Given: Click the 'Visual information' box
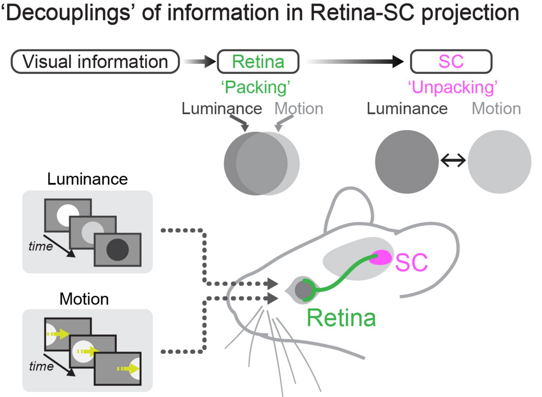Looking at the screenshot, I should tap(95, 62).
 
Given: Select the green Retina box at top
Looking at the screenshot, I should tap(258, 62).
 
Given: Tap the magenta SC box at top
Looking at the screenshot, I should tap(451, 62).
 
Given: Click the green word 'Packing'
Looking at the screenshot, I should tap(256, 87).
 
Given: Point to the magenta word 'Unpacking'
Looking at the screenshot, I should tap(453, 87).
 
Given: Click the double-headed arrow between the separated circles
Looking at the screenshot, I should tap(453, 161).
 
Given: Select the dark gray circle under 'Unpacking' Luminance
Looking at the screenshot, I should tap(407, 162).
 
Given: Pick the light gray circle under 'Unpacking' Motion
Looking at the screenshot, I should tap(499, 162).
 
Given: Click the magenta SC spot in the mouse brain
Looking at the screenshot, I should tap(381, 257).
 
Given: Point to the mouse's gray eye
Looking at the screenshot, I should tap(303, 290).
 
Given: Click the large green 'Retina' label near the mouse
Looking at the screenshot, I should tap(341, 318).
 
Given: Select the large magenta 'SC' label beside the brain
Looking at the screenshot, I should tap(411, 263).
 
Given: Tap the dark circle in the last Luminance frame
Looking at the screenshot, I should tap(117, 250).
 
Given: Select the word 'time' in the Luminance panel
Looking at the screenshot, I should tap(40, 246).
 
